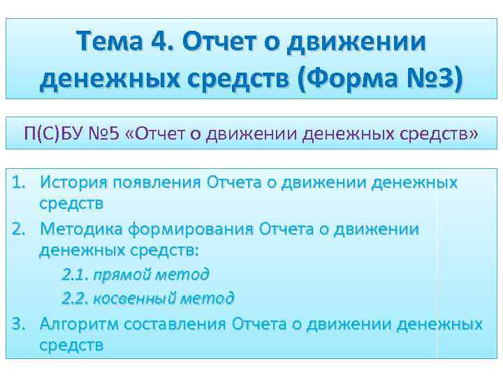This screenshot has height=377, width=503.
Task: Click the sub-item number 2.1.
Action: click(73, 274)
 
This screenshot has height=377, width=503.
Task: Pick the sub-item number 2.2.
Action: click(73, 299)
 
